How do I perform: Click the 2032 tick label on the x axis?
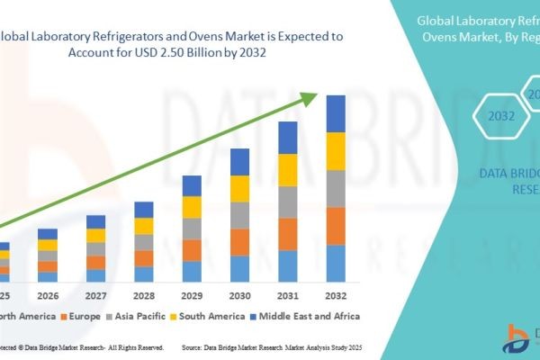tap(336, 295)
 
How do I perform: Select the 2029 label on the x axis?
tap(192, 295)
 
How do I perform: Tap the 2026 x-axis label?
tap(48, 295)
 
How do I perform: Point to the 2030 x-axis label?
tap(239, 295)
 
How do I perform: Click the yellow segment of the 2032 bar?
tap(336, 150)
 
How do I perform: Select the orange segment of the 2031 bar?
tap(288, 233)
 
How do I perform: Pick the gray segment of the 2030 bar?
tap(239, 215)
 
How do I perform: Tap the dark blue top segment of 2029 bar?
tap(192, 185)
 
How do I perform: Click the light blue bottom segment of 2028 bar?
tap(144, 274)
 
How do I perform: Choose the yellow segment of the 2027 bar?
tap(95, 236)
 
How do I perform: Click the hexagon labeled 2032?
tap(501, 116)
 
